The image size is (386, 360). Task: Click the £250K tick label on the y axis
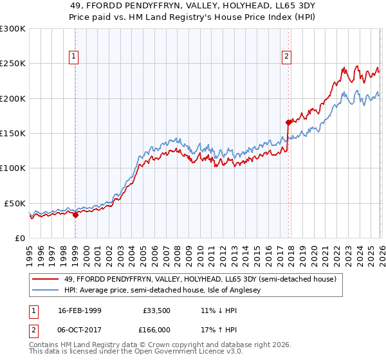pyautogui.click(x=13, y=64)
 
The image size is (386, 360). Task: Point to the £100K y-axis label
pyautogui.click(x=13, y=168)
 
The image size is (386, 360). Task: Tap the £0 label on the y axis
pyautogui.click(x=20, y=238)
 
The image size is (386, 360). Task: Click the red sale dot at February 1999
pyautogui.click(x=75, y=215)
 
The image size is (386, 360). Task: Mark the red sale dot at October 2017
pyautogui.click(x=288, y=122)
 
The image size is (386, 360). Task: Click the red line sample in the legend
pyautogui.click(x=46, y=280)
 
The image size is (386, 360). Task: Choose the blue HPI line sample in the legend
pyautogui.click(x=46, y=291)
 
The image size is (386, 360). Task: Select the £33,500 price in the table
pyautogui.click(x=154, y=310)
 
